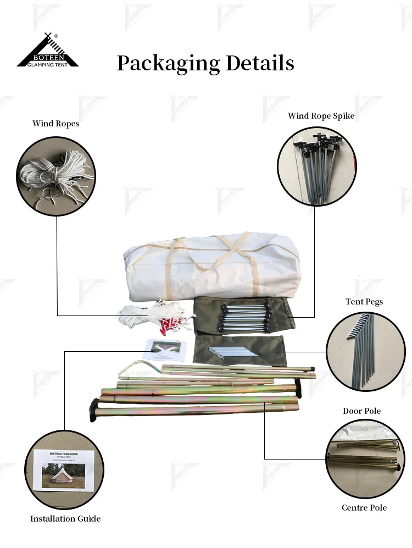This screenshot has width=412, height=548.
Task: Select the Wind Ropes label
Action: click(55, 124)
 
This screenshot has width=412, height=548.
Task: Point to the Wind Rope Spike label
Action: click(321, 116)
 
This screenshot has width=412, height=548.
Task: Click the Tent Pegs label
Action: click(364, 302)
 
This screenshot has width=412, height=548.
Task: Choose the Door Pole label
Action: click(361, 411)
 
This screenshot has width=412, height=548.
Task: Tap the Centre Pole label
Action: click(364, 507)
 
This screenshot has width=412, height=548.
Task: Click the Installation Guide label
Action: click(65, 518)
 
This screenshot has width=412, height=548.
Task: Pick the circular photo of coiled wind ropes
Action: click(56, 175)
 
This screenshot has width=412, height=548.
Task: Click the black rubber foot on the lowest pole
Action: click(92, 411)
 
